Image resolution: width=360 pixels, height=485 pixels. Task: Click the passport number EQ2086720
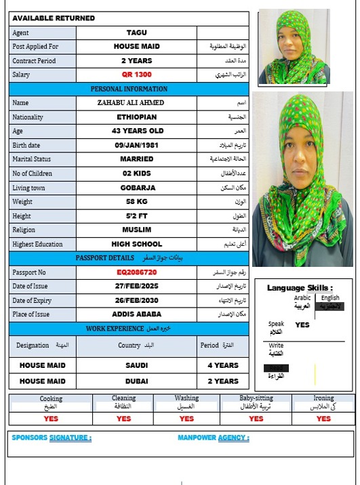click(x=136, y=272)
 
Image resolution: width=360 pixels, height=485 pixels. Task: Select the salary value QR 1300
click(x=136, y=75)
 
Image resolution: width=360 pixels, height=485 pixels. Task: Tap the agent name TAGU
click(x=136, y=33)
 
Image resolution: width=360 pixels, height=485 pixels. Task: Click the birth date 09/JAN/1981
click(x=136, y=145)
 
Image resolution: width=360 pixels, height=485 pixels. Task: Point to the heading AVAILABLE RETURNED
click(x=54, y=18)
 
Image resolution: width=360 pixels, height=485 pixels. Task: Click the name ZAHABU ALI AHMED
click(x=136, y=103)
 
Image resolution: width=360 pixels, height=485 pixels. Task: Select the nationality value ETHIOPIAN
click(x=136, y=117)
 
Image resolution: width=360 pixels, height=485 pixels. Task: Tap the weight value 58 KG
click(x=136, y=202)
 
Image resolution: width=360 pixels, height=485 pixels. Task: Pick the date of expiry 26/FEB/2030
click(x=136, y=300)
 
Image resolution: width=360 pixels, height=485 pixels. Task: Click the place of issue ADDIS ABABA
click(x=136, y=314)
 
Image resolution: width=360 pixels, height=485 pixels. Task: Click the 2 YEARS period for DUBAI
click(x=222, y=381)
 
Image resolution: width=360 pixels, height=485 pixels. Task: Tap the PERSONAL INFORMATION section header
click(x=129, y=89)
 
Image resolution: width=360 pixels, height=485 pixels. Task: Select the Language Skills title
click(x=299, y=288)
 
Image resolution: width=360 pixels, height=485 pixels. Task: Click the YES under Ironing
click(x=323, y=419)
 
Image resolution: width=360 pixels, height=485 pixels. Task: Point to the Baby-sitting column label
click(x=256, y=399)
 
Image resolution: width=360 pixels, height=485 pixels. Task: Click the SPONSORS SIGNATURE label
click(x=52, y=438)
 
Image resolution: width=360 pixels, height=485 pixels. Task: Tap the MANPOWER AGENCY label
click(x=213, y=438)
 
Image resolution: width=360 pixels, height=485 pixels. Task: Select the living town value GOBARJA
click(x=136, y=188)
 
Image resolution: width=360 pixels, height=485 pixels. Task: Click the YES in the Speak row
click(x=302, y=324)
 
